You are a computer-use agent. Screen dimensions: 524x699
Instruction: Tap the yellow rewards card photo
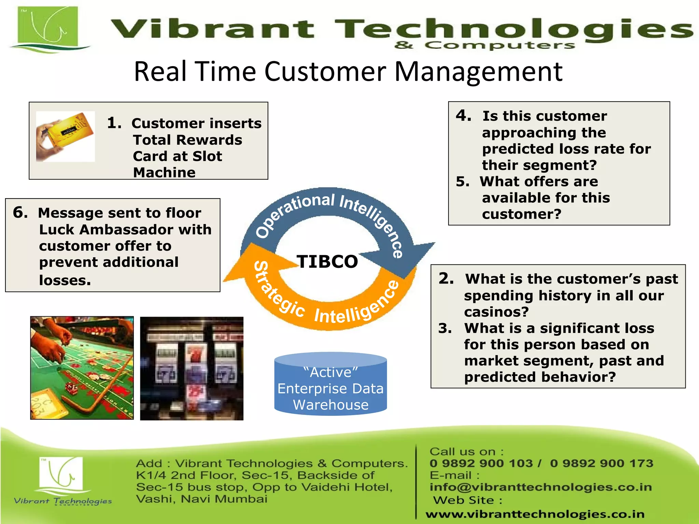click(x=66, y=136)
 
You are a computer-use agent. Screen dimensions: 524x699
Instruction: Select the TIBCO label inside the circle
click(x=327, y=262)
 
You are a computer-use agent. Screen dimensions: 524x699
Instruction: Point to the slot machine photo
click(x=192, y=368)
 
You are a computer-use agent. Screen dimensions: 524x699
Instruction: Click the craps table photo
click(x=82, y=368)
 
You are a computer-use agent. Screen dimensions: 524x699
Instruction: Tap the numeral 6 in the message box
click(x=19, y=213)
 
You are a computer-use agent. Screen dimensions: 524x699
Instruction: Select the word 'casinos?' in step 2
click(x=496, y=312)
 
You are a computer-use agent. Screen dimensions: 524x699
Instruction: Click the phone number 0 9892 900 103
click(x=481, y=463)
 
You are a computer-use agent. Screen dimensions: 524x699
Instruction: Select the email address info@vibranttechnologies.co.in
click(x=541, y=487)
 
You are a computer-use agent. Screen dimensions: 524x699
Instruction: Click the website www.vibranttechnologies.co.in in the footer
click(x=535, y=514)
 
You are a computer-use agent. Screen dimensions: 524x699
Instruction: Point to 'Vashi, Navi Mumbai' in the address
click(x=201, y=499)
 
